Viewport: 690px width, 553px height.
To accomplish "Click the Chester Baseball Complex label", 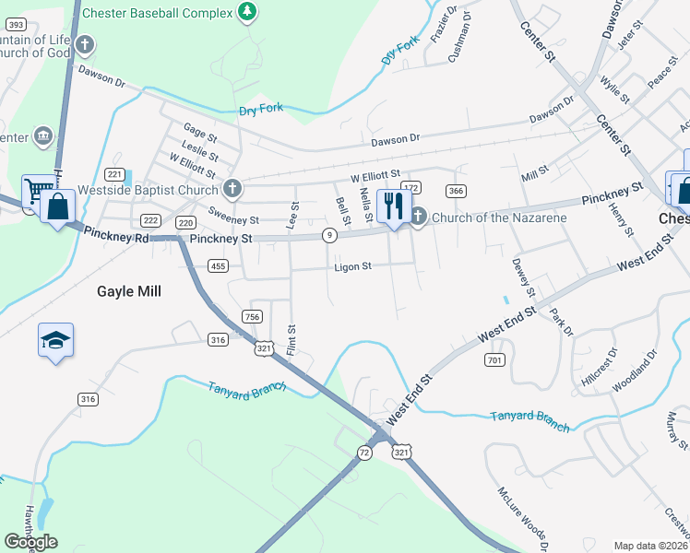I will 156,13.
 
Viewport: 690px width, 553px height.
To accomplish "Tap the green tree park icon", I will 246,12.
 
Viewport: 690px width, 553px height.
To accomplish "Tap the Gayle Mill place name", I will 129,291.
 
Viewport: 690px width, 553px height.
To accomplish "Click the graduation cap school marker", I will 55,340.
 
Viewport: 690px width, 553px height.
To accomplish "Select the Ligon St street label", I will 352,266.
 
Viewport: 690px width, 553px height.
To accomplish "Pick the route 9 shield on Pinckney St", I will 328,236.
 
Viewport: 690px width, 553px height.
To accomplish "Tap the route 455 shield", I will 218,266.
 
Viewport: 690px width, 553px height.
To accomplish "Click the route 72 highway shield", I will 364,453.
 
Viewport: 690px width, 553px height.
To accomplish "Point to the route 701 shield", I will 494,359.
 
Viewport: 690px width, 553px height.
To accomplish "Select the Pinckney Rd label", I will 115,237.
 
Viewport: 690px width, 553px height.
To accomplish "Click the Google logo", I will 30,541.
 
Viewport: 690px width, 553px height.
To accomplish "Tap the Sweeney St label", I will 233,220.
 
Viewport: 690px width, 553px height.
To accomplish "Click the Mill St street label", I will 534,171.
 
